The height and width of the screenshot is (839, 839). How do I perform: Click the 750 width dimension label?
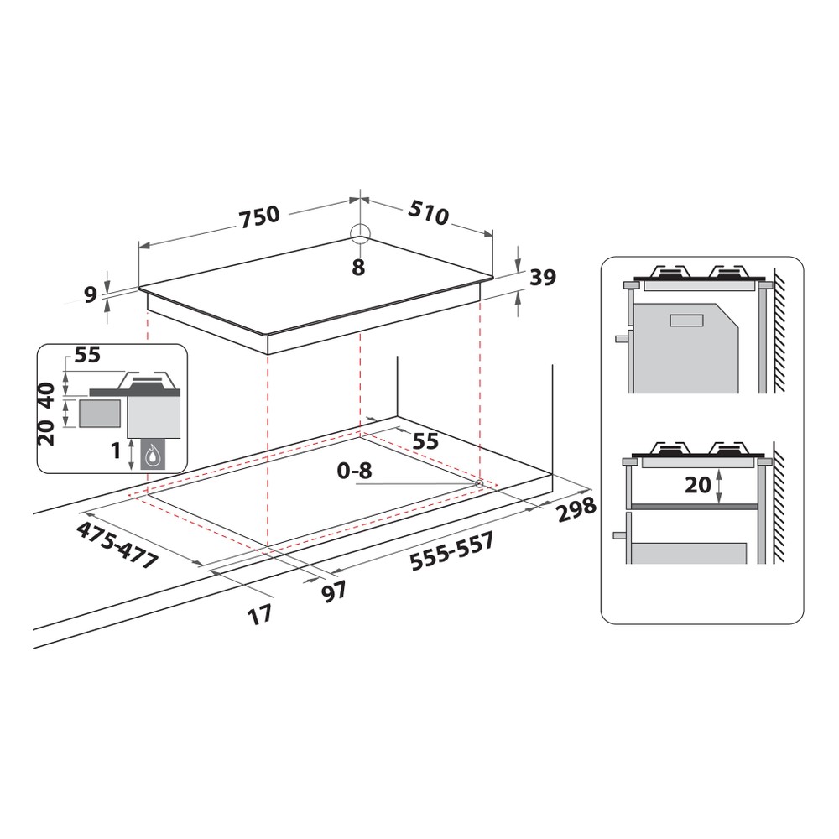pyautogui.click(x=258, y=216)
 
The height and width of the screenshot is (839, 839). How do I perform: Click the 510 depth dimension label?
pyautogui.click(x=430, y=212)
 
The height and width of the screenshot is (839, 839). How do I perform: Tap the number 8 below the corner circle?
pyautogui.click(x=358, y=268)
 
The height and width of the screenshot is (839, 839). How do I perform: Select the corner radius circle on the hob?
pyautogui.click(x=359, y=234)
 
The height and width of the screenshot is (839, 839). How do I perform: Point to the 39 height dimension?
pyautogui.click(x=543, y=278)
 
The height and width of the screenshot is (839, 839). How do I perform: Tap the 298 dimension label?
pyautogui.click(x=576, y=507)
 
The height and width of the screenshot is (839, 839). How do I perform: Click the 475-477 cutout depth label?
pyautogui.click(x=117, y=546)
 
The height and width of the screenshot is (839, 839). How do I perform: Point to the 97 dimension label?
pyautogui.click(x=334, y=591)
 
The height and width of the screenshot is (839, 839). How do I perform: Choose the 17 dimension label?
pyautogui.click(x=260, y=614)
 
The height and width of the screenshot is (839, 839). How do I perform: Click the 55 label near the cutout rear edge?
pyautogui.click(x=426, y=440)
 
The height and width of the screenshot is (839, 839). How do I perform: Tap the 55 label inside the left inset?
pyautogui.click(x=87, y=355)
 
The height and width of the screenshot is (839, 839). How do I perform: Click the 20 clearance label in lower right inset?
pyautogui.click(x=698, y=484)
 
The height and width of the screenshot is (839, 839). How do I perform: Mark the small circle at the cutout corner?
pyautogui.click(x=479, y=484)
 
